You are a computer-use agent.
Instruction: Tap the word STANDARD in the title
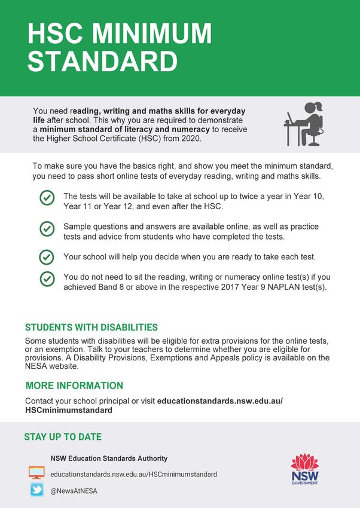[103, 62]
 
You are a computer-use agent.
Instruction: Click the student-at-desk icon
[304, 124]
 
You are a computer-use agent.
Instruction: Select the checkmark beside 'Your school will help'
[47, 257]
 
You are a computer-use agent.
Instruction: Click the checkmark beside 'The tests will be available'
[47, 199]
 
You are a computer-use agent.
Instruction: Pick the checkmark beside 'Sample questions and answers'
[47, 229]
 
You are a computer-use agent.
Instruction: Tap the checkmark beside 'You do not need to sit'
[47, 279]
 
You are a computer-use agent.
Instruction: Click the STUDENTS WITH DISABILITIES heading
[91, 328]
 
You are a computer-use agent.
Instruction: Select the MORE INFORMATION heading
[74, 385]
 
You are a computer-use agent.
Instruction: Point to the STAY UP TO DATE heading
[63, 437]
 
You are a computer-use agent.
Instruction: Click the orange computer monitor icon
[36, 473]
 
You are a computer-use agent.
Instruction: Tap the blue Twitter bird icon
[36, 491]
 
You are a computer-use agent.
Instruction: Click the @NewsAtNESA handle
[74, 491]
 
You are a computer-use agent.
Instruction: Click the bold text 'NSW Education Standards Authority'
[109, 458]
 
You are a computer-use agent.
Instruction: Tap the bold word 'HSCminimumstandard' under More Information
[69, 411]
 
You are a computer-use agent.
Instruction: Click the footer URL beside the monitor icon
[133, 474]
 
